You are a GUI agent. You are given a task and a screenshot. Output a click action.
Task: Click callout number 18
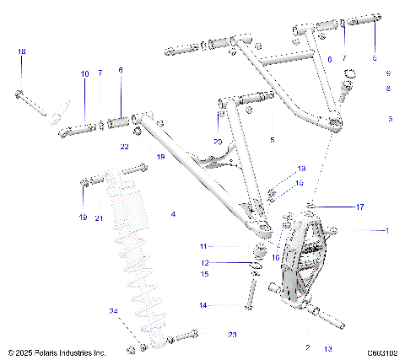(x=22, y=52)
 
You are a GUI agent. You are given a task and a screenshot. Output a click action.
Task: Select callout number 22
(x=124, y=147)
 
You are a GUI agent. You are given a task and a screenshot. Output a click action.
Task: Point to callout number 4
(x=174, y=214)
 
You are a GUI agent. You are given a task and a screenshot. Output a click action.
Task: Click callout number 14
(x=202, y=304)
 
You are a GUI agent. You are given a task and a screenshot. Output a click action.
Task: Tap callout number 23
(x=233, y=335)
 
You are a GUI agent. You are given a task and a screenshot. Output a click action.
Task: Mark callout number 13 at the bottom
(x=327, y=347)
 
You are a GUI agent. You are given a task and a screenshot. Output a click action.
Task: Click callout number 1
(x=388, y=229)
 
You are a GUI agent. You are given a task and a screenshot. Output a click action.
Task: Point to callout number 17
(x=359, y=206)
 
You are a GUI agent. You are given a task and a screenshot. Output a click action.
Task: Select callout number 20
(x=218, y=141)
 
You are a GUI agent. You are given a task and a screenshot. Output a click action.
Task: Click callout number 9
(x=388, y=73)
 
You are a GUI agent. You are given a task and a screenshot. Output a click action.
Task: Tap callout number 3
(x=389, y=119)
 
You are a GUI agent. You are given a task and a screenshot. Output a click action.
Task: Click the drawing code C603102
(x=381, y=353)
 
